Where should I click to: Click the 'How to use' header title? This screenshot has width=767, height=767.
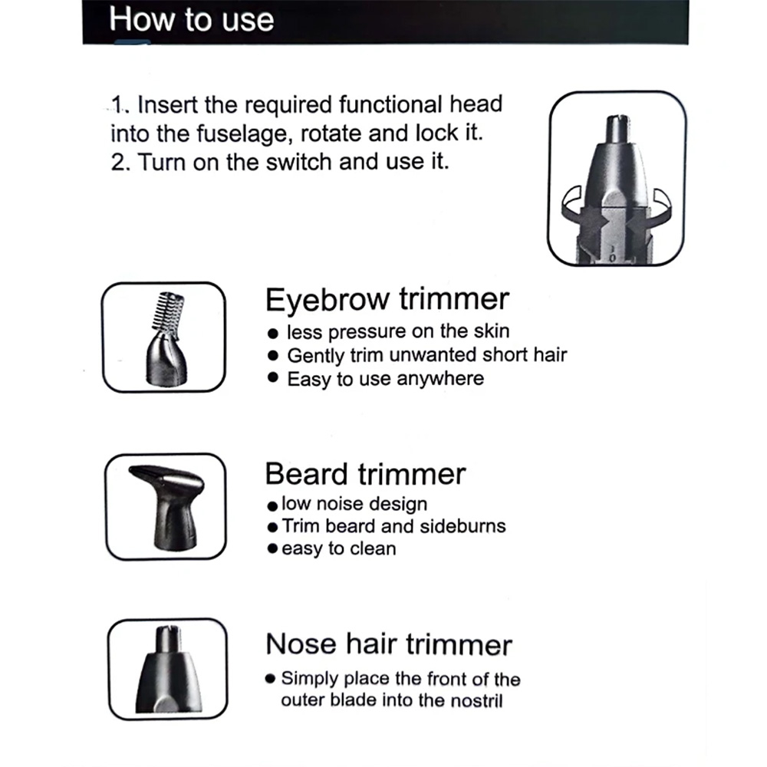click(x=191, y=20)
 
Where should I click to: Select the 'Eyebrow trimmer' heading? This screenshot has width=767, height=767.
click(x=387, y=299)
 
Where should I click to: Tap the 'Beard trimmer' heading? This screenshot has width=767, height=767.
click(x=365, y=474)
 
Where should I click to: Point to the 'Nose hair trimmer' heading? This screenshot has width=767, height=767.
click(x=389, y=644)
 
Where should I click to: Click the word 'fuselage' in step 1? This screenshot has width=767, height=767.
click(x=244, y=134)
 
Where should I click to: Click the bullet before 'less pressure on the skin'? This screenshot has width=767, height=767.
click(x=273, y=334)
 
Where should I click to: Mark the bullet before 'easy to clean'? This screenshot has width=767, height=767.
click(x=272, y=548)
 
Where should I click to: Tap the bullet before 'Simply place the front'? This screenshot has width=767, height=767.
click(x=270, y=679)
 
